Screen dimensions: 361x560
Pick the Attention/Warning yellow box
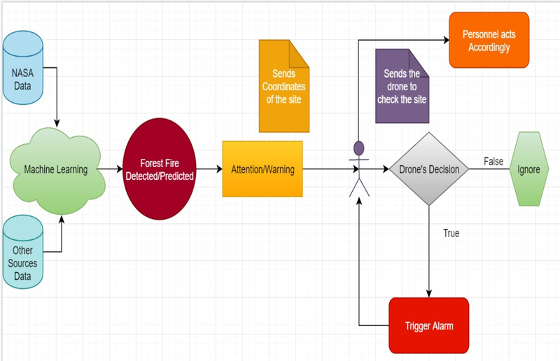click(262, 169)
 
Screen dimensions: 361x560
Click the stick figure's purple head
click(359, 148)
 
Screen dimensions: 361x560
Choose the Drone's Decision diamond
click(428, 169)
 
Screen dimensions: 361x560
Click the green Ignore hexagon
click(528, 169)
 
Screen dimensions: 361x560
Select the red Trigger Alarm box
click(428, 325)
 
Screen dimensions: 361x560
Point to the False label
click(493, 162)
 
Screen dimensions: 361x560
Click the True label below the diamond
click(451, 233)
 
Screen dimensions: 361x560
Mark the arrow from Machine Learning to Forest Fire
click(113, 169)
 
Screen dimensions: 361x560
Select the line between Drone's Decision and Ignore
click(490, 170)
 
